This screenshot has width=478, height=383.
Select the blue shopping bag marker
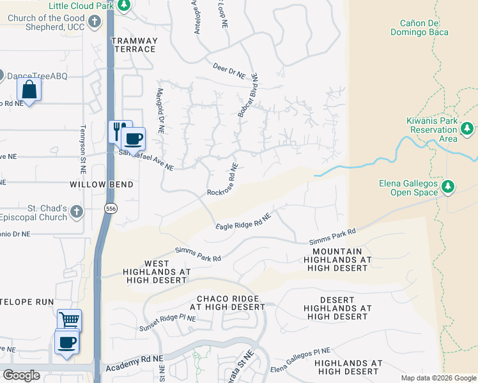point(29,89)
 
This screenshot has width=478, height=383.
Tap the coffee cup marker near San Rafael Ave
point(133,139)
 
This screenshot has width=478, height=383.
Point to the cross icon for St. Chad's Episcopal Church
point(76,211)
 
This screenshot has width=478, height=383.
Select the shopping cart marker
point(69,320)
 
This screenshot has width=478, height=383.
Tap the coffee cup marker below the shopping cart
point(67,342)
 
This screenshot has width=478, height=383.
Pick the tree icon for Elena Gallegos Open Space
point(449,186)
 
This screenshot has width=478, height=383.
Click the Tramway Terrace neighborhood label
point(134,45)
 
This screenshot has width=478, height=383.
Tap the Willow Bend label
point(102,184)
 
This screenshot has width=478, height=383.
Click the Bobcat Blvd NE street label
point(247,96)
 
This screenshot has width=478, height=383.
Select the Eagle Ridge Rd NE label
point(243,221)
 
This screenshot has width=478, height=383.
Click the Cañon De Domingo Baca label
point(420,27)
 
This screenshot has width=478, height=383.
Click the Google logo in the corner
point(21,375)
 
